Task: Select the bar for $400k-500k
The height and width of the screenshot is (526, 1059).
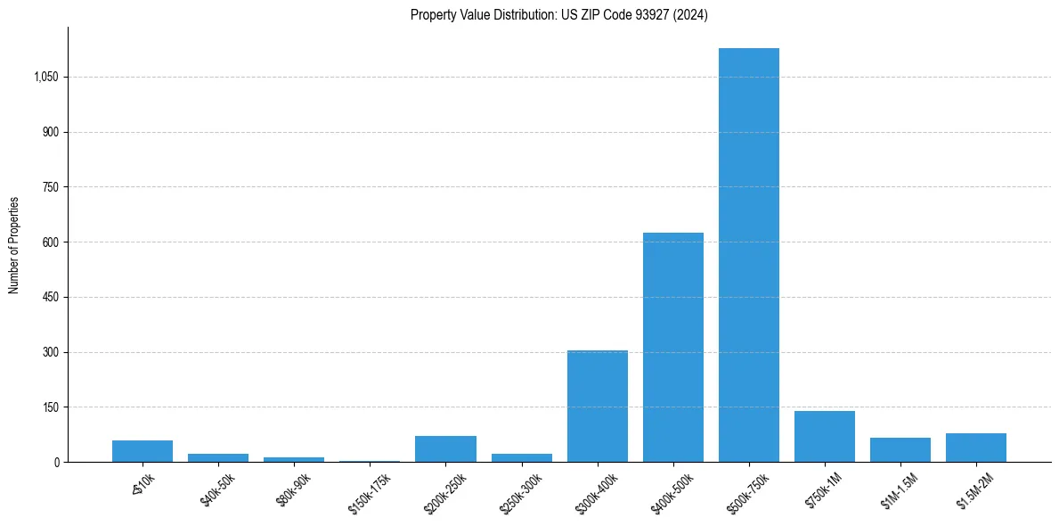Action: click(x=672, y=348)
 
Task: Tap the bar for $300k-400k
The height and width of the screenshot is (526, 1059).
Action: click(x=597, y=407)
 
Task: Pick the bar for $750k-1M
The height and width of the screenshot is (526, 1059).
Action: click(x=824, y=437)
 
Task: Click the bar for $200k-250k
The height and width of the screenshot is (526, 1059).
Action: click(x=445, y=449)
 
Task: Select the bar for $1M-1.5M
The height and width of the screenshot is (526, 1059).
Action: click(x=900, y=450)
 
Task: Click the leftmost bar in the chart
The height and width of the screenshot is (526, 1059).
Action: click(x=143, y=451)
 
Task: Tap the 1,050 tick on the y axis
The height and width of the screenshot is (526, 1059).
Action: click(x=45, y=78)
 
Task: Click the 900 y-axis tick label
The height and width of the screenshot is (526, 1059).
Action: click(x=50, y=132)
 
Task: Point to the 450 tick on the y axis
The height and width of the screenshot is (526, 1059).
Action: click(x=50, y=297)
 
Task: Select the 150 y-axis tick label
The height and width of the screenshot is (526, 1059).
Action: click(x=50, y=407)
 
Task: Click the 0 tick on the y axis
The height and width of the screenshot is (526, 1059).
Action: click(x=56, y=462)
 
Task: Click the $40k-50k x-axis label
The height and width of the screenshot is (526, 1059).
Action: click(x=218, y=489)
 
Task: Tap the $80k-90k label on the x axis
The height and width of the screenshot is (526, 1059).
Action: click(x=294, y=489)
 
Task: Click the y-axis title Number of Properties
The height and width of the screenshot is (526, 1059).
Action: click(x=14, y=244)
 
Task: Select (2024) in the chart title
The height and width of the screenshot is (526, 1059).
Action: click(x=690, y=15)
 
